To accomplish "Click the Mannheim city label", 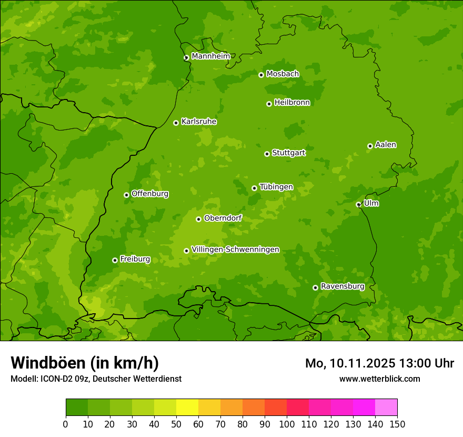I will [x=210, y=56].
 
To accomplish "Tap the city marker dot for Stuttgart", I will [x=267, y=154].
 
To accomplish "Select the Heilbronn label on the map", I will [x=292, y=103].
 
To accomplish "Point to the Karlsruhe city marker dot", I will [x=176, y=123].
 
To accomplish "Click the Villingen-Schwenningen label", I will [x=235, y=250].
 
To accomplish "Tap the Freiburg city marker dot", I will [x=115, y=260].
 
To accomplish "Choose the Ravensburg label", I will [x=343, y=286].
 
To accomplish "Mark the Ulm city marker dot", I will [x=358, y=204].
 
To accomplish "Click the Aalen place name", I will [x=386, y=145].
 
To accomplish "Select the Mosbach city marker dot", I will [x=261, y=75].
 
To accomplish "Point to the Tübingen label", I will [x=276, y=187].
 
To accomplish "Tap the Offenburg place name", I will [x=150, y=194].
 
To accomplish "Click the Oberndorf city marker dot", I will [x=198, y=219].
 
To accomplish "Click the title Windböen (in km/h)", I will [x=85, y=363].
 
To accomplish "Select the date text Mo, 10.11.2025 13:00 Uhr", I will [x=379, y=363].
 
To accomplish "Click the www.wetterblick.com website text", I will [x=379, y=379].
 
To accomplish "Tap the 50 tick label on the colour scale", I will [x=176, y=424].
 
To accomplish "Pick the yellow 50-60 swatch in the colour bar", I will [x=187, y=408].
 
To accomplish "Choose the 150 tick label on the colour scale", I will [x=397, y=424].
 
